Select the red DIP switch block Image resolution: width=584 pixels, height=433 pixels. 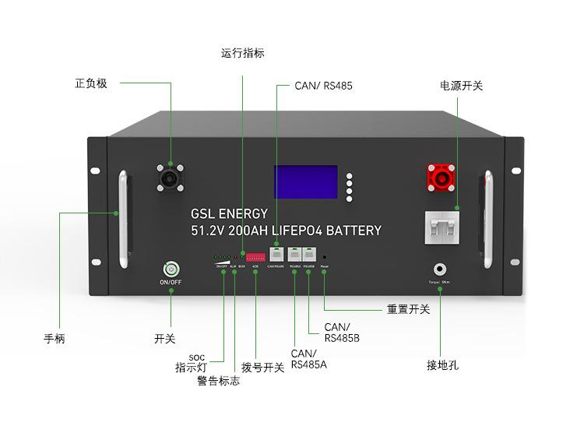(255, 255)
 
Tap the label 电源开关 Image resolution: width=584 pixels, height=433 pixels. (461, 86)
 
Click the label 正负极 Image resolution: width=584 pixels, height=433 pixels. (90, 83)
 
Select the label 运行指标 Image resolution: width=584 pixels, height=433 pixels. (243, 54)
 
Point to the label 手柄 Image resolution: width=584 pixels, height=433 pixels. (55, 339)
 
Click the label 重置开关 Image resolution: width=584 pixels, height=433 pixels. (408, 309)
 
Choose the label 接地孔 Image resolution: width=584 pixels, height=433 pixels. (442, 364)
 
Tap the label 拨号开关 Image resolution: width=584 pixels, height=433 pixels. (262, 368)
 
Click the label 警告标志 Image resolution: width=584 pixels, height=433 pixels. (218, 381)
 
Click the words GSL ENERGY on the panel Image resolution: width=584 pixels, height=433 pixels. (229, 213)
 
